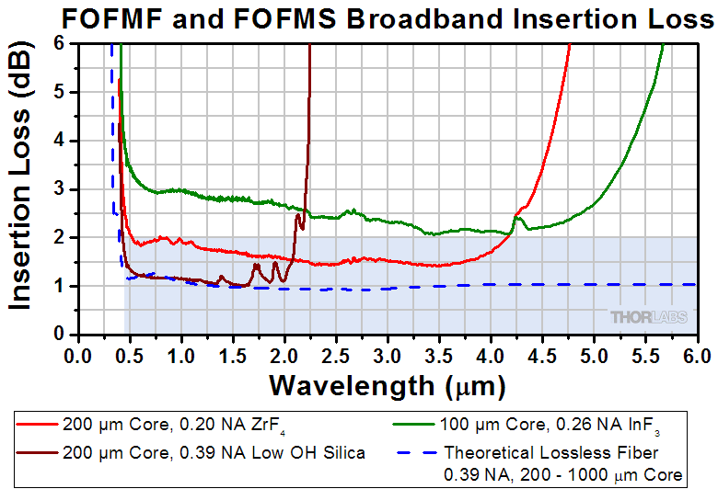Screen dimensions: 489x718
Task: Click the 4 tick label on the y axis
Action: click(59, 141)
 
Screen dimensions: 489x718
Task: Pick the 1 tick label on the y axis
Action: click(59, 286)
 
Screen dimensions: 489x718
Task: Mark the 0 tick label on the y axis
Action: click(59, 334)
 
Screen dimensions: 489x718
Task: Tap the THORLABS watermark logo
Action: click(649, 317)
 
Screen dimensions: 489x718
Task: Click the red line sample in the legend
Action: click(37, 426)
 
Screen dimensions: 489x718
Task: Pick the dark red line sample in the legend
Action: click(37, 451)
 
